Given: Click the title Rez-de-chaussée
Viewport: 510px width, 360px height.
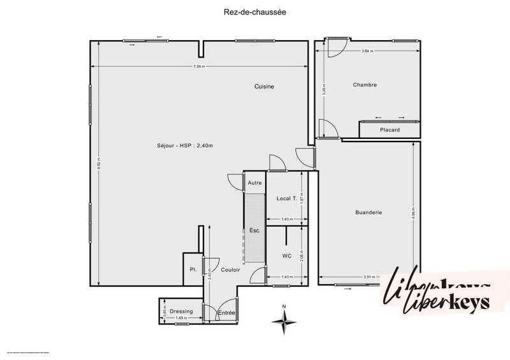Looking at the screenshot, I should pyautogui.click(x=255, y=11).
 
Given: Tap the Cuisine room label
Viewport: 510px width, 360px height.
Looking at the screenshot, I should pyautogui.click(x=264, y=87).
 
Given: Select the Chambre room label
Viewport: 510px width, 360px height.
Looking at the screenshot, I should pyautogui.click(x=365, y=85).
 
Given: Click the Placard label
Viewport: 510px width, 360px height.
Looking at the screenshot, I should pyautogui.click(x=390, y=130).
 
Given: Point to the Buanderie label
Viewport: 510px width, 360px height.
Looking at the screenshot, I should pyautogui.click(x=368, y=212).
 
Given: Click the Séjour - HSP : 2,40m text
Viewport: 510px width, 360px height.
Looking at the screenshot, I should pyautogui.click(x=185, y=145).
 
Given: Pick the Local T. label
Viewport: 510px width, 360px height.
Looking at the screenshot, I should pyautogui.click(x=287, y=199).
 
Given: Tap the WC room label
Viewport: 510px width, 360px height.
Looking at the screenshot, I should pyautogui.click(x=287, y=256).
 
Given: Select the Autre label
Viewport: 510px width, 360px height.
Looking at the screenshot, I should pyautogui.click(x=254, y=183).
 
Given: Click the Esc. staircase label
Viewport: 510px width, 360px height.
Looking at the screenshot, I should pyautogui.click(x=254, y=231).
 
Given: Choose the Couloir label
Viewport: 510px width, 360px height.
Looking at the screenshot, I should pyautogui.click(x=230, y=270).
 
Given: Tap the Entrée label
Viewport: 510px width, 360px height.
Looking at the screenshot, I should pyautogui.click(x=226, y=313).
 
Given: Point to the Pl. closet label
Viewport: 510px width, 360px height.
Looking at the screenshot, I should pyautogui.click(x=193, y=270).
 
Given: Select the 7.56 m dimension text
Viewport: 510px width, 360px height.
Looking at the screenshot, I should pyautogui.click(x=200, y=67).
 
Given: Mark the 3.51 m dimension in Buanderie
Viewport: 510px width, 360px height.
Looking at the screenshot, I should pyautogui.click(x=367, y=277).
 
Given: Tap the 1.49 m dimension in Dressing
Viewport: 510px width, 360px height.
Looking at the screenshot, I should pyautogui.click(x=181, y=317).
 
